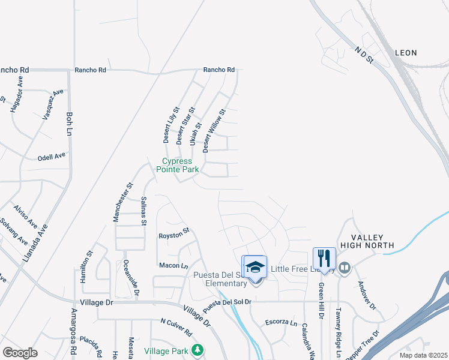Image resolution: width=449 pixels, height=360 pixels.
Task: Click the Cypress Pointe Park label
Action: click(178, 165)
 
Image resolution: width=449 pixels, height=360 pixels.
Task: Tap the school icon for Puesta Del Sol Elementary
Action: click(255, 266)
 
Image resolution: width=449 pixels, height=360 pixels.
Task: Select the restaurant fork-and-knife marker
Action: click(324, 258)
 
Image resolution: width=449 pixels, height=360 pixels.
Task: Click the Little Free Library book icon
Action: click(345, 268)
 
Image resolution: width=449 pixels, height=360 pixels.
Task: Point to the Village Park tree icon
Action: click(197, 350)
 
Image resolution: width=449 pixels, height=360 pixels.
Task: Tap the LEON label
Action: click(406, 53)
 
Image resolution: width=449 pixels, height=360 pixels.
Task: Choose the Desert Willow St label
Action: click(214, 130)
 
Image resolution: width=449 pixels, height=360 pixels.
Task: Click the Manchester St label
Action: click(122, 203)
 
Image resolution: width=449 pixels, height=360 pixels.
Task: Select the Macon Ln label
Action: click(173, 265)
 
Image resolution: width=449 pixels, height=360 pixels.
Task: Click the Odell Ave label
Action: click(52, 156)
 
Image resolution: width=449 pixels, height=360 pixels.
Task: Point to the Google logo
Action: click(19, 352)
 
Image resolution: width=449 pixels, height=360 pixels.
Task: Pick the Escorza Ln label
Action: click(281, 323)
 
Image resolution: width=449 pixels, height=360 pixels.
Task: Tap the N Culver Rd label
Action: click(176, 327)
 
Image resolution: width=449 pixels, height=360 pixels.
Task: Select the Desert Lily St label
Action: click(171, 125)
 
